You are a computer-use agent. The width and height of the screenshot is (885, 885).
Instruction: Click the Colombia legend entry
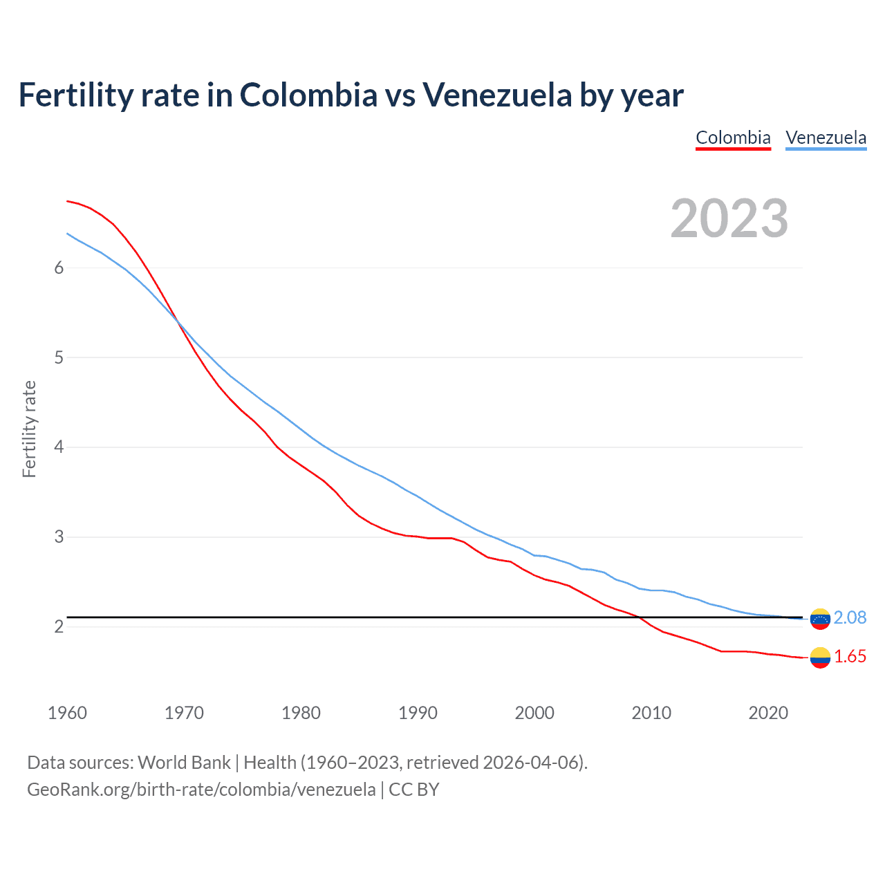coord(733,138)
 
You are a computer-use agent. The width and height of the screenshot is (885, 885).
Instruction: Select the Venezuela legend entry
coord(826,138)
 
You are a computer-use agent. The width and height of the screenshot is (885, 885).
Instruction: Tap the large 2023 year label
coord(729,218)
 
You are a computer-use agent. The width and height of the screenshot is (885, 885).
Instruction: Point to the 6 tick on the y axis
coord(59,268)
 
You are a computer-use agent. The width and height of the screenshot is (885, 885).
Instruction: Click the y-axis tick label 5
coord(59,358)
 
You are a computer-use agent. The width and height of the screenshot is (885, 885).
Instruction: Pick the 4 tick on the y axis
coord(59,447)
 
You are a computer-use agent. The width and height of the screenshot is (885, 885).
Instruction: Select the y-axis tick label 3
coord(59,537)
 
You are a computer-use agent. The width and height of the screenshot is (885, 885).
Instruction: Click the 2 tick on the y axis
coord(59,627)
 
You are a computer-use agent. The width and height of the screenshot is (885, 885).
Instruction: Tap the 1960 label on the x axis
coord(67,713)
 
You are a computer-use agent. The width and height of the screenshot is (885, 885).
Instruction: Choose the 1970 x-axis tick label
coord(184,713)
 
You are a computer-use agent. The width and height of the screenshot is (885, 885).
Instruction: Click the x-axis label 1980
coord(301,713)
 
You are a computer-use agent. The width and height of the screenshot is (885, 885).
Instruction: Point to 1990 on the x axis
coord(418,713)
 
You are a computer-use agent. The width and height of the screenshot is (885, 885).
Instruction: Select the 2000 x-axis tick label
coord(534,713)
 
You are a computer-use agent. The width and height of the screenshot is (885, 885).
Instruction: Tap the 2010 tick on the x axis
coord(651,713)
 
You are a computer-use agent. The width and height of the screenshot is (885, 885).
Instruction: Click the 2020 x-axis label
coord(768,713)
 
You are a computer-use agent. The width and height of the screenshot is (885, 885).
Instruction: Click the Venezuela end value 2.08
coord(850,618)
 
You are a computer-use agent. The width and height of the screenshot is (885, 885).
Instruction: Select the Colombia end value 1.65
coord(850,657)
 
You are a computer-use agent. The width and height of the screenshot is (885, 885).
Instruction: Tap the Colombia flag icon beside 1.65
coord(820,658)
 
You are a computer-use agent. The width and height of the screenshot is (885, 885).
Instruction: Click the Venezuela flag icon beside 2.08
coord(820,619)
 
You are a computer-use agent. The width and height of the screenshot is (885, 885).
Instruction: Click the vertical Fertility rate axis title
coord(29,429)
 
